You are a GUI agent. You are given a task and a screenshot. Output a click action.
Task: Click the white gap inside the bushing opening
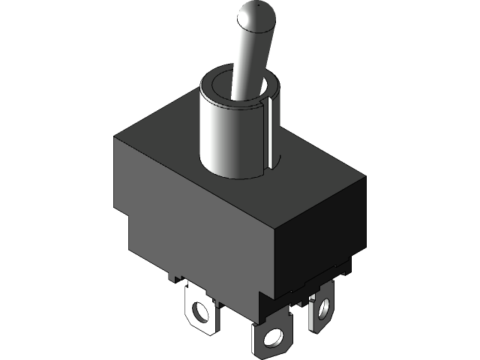[x=264, y=88]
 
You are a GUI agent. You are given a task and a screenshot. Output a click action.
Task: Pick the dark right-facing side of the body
[x=319, y=232]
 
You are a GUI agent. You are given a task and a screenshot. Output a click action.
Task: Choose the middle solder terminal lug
[x=271, y=337]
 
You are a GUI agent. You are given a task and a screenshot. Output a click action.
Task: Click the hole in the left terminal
[x=200, y=310]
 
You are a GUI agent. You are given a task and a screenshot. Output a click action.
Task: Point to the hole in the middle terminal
[x=271, y=339]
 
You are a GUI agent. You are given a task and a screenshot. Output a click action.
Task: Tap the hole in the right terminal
[x=324, y=306]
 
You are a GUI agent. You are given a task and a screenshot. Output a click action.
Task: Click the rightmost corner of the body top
[x=366, y=175]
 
